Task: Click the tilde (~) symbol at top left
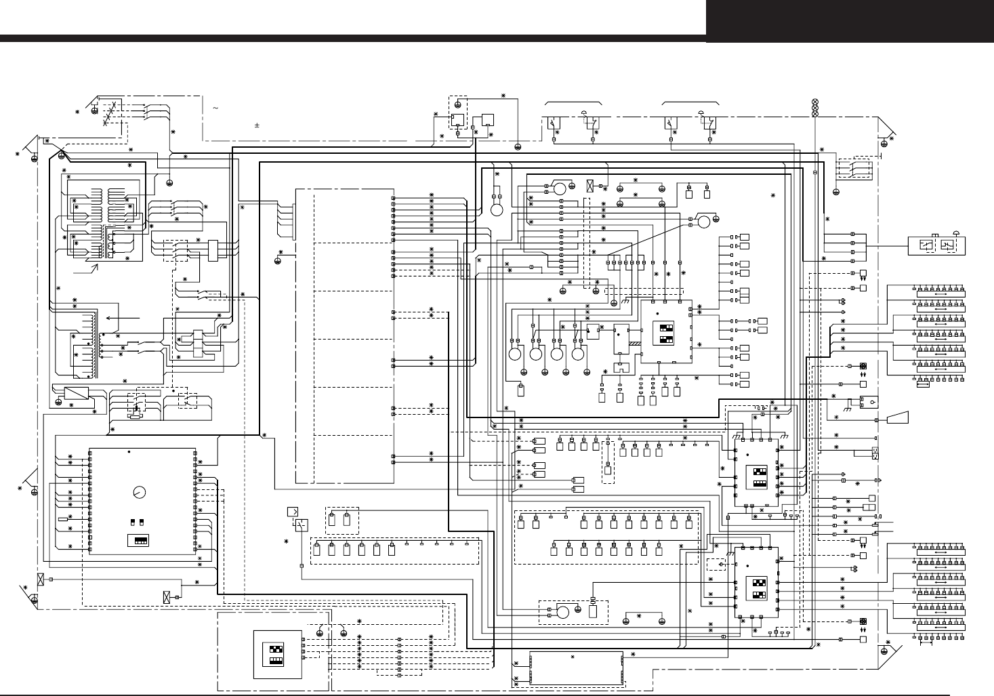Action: coord(215,108)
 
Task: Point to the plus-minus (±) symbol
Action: coord(257,125)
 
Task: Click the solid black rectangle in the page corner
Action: coord(850,21)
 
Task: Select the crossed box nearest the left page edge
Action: coord(41,579)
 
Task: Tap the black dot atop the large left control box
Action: coord(129,451)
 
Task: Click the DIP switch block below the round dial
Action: coord(140,540)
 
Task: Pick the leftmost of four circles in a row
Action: coord(514,354)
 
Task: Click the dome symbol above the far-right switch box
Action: coord(955,232)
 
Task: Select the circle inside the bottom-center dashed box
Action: coord(562,612)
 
